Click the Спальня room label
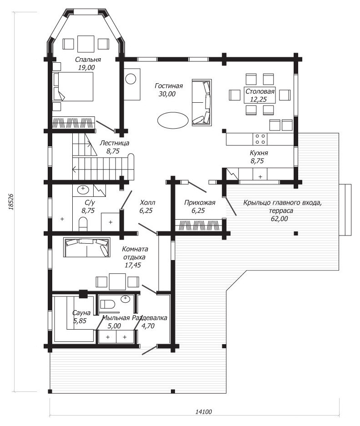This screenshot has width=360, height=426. (x=88, y=60)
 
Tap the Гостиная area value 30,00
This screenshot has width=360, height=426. (x=167, y=94)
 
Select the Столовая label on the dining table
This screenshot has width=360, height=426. (x=260, y=91)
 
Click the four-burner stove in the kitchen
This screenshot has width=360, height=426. (x=260, y=139)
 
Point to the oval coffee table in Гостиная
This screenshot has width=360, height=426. (x=173, y=120)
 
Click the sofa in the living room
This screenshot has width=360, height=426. (x=202, y=102)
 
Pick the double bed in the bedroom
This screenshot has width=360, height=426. (x=73, y=87)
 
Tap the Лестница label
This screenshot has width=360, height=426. (x=115, y=143)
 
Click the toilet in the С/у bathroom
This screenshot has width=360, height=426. (x=83, y=224)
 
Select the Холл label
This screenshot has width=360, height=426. (x=148, y=203)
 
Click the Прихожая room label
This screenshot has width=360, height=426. (x=200, y=203)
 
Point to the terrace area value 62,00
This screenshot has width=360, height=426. (x=279, y=219)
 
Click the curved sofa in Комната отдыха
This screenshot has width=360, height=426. (x=87, y=247)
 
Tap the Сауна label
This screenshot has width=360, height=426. (x=81, y=313)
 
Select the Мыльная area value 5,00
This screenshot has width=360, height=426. (x=114, y=326)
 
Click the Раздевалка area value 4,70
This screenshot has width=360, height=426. (x=148, y=326)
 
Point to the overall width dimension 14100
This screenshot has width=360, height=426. (x=204, y=412)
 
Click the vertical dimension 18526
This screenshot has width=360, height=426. (x=10, y=201)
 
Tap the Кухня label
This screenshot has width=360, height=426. (x=259, y=153)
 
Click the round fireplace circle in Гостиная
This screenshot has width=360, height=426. (x=131, y=79)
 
